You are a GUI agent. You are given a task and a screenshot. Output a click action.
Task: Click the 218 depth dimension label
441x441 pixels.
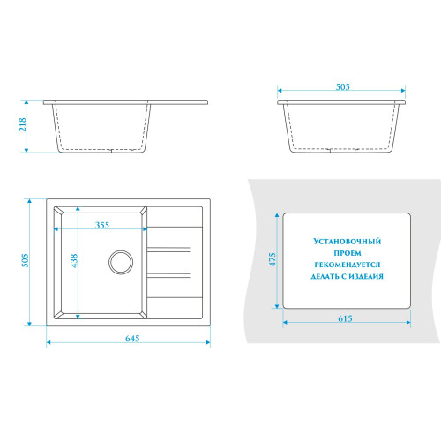(x=23, y=124)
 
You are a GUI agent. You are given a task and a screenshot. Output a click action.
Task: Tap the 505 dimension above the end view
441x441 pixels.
(x=343, y=87)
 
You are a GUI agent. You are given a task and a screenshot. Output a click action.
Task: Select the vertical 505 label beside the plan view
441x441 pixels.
(x=26, y=260)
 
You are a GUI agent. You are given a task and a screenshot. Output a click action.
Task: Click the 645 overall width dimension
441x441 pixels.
(x=132, y=339)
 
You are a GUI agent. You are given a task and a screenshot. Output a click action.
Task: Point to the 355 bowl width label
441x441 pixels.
(x=102, y=225)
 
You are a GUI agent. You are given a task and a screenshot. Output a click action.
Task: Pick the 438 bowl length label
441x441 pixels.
(x=74, y=261)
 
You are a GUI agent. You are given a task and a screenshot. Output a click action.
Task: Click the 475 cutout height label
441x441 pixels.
(x=273, y=259)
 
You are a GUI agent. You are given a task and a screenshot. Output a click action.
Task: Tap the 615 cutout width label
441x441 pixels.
(x=345, y=318)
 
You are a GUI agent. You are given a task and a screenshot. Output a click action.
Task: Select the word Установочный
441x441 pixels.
(x=348, y=242)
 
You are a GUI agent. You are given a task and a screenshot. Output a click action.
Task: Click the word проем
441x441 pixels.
(x=348, y=253)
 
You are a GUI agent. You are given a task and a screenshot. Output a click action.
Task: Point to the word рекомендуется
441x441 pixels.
(x=348, y=265)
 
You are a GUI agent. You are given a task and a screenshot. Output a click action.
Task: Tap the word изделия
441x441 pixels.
(x=366, y=276)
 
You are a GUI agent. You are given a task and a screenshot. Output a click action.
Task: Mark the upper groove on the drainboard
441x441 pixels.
(x=168, y=250)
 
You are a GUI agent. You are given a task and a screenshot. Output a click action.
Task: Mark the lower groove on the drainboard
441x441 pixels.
(x=168, y=275)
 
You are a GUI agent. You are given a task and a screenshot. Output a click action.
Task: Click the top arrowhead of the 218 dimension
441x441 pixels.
(x=26, y=102)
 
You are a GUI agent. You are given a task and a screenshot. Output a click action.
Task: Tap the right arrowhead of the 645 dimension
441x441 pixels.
(x=208, y=342)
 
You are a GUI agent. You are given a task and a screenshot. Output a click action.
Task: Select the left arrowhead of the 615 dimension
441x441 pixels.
(x=285, y=323)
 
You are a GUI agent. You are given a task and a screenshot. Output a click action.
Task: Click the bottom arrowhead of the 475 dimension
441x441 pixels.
(x=277, y=306)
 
